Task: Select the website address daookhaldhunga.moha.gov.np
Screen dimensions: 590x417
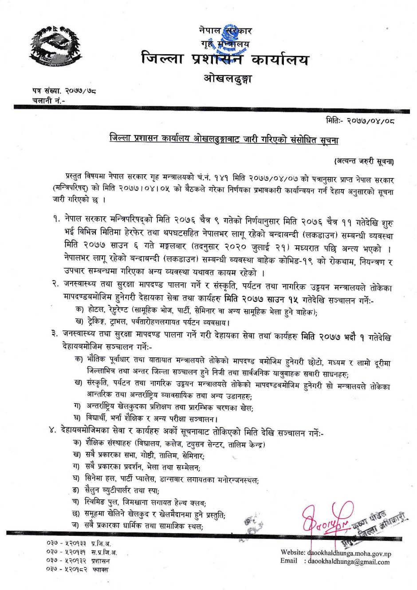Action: click(x=349, y=554)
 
